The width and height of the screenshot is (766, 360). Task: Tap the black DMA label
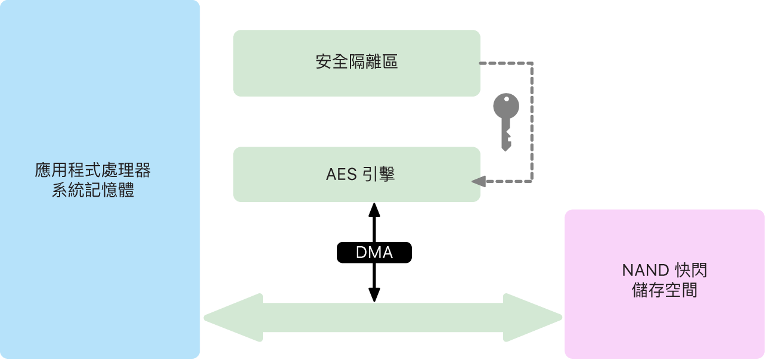(374, 253)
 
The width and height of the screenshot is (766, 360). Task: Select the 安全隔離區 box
(356, 63)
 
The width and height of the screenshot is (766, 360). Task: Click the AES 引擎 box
(356, 174)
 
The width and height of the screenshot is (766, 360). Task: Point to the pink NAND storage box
(664, 284)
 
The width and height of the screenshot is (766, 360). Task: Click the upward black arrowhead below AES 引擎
(374, 208)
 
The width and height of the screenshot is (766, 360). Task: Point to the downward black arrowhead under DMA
(374, 295)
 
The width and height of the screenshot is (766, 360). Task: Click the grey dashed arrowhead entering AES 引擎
(477, 181)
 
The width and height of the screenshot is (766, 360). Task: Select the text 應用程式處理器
(92, 172)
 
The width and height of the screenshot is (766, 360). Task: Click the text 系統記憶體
(92, 191)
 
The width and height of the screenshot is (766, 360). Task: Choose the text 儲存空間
(664, 291)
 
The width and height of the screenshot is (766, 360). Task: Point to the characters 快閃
(691, 271)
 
